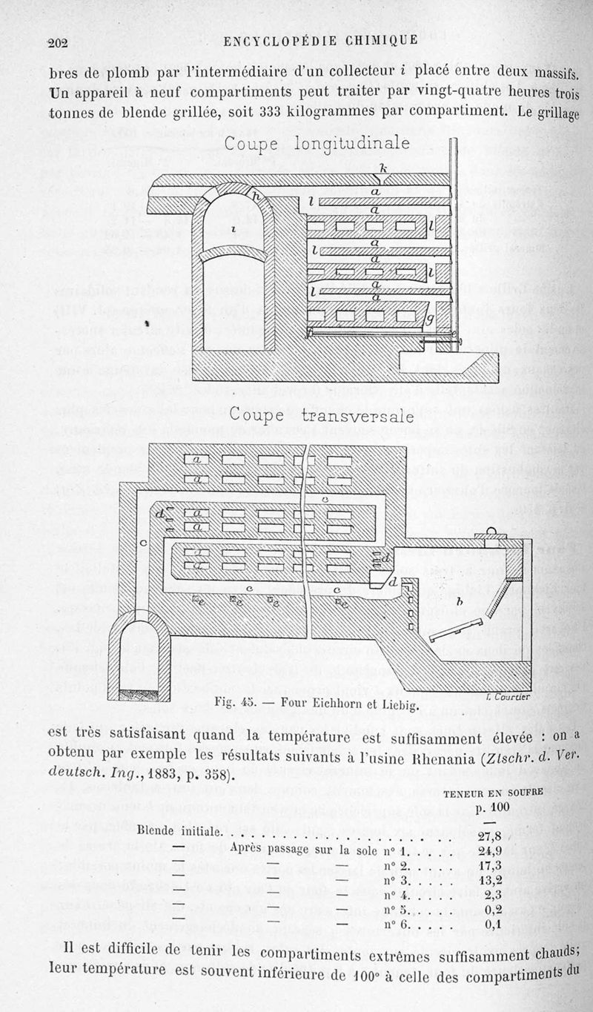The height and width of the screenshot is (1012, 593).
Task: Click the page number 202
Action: pyautogui.click(x=58, y=43)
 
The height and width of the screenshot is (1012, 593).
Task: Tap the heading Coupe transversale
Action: pyautogui.click(x=321, y=416)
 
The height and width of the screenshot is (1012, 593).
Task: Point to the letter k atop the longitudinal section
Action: pyautogui.click(x=383, y=169)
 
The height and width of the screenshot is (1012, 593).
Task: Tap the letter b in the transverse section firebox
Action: pyautogui.click(x=461, y=603)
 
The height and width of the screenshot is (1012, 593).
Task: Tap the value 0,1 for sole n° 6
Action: pyautogui.click(x=494, y=924)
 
